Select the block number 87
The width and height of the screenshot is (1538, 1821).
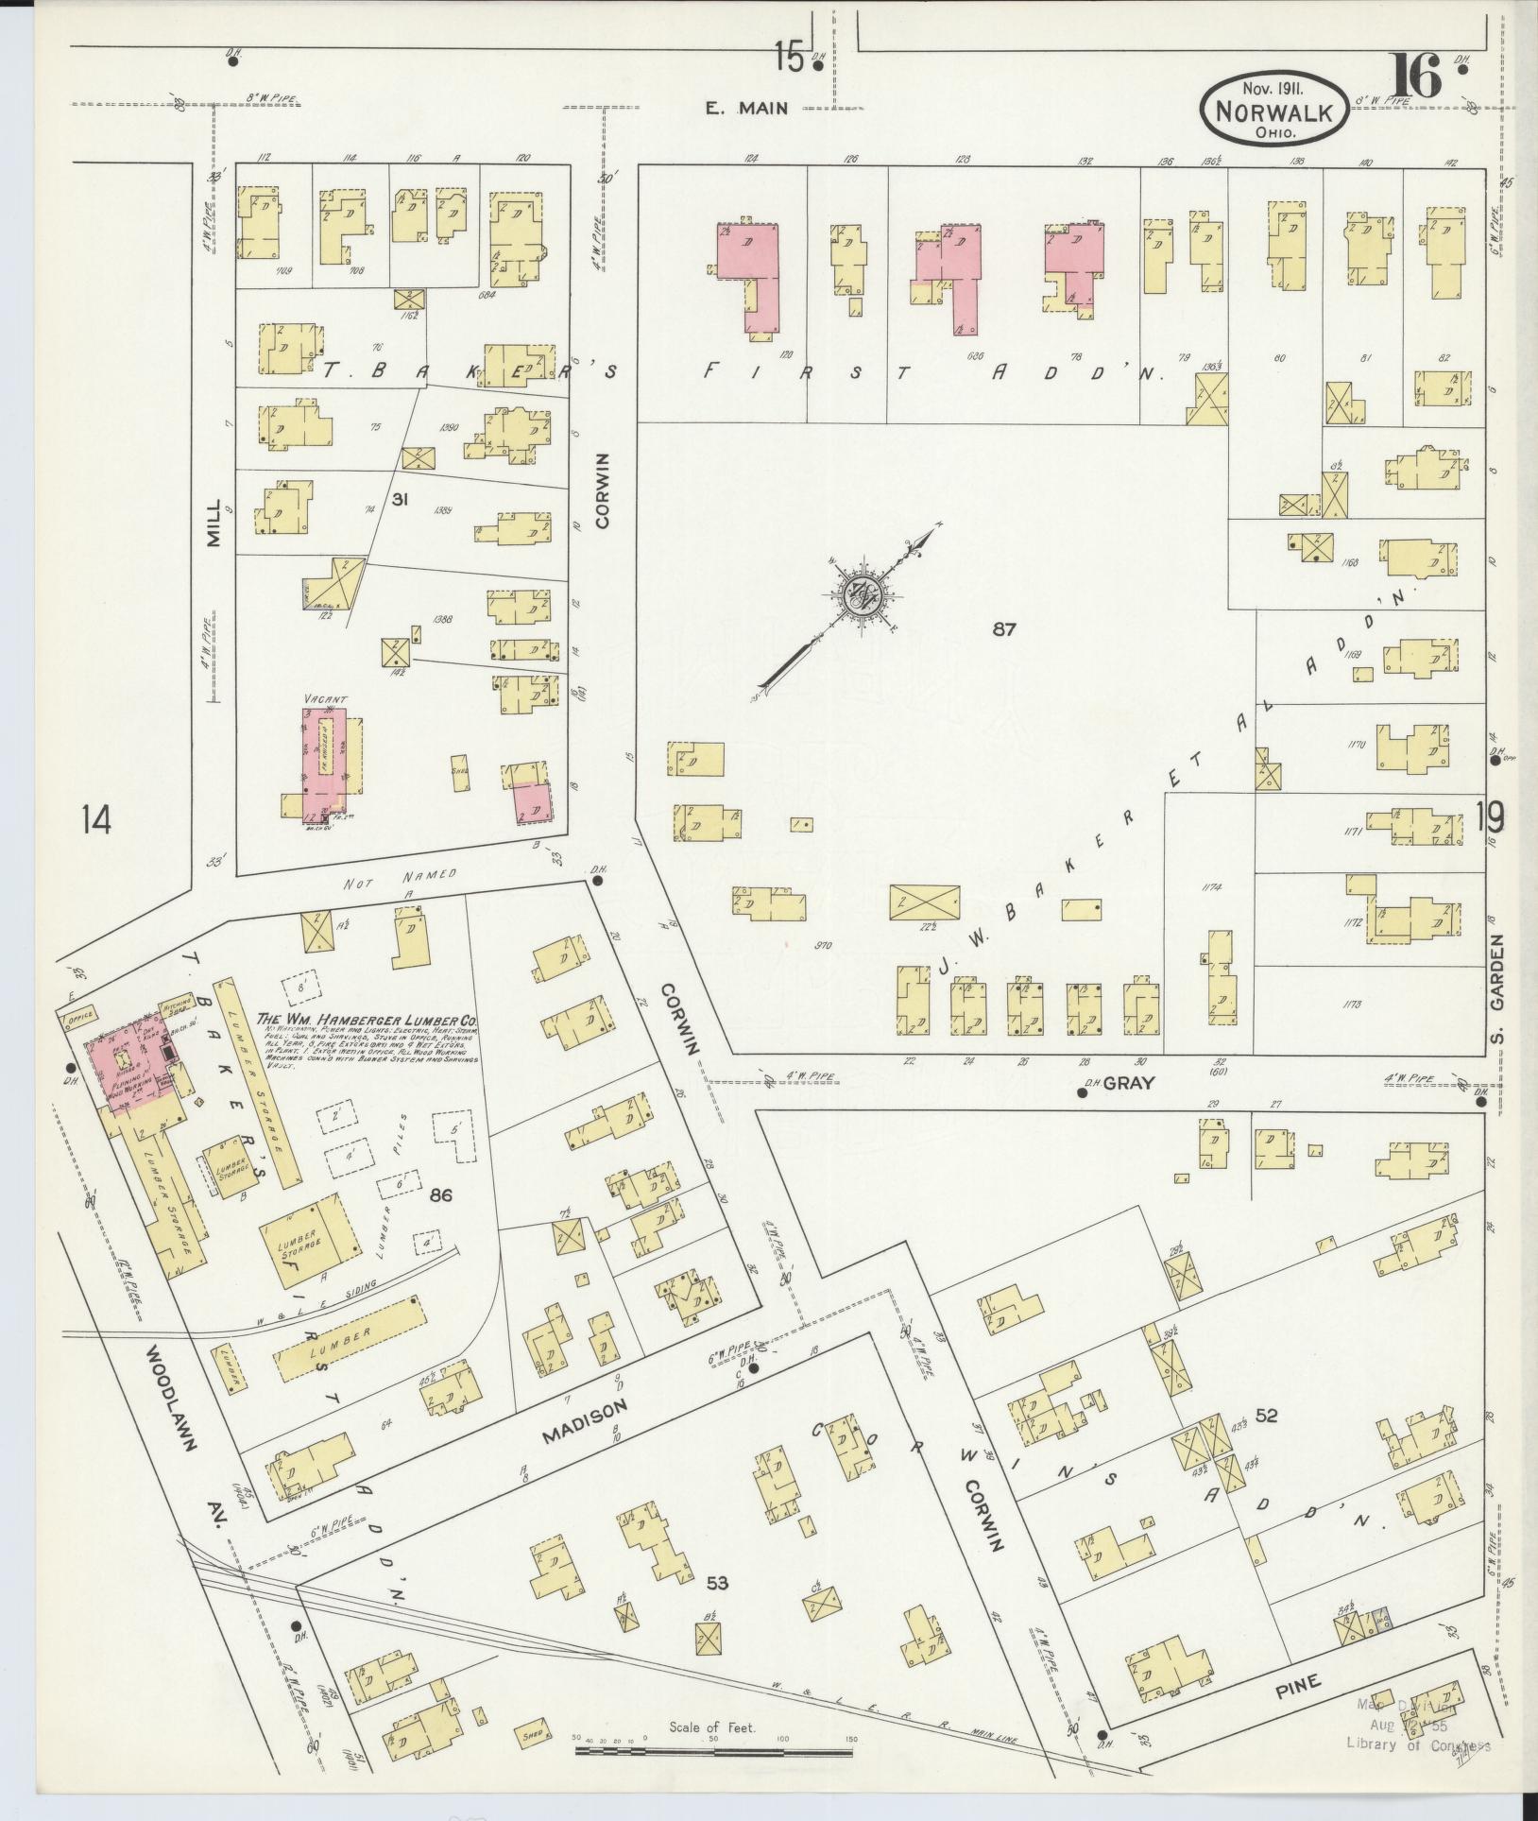click(x=1004, y=629)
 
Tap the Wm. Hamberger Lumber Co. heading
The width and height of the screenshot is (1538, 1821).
click(x=367, y=1022)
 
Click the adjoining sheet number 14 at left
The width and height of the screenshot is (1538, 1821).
click(x=95, y=819)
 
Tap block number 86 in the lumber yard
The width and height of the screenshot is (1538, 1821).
click(x=441, y=1195)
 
